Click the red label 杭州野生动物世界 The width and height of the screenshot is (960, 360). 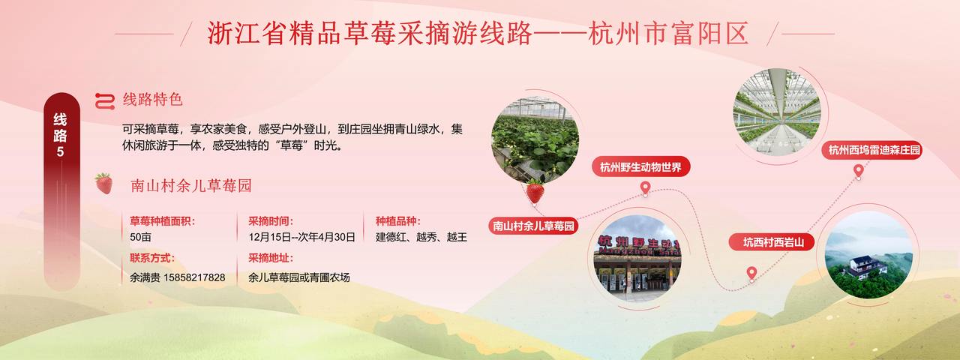[x=640, y=166]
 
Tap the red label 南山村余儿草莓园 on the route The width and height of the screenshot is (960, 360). [x=533, y=226]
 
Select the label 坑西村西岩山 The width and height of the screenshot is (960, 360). [x=772, y=242]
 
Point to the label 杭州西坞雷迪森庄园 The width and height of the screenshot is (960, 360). [x=872, y=150]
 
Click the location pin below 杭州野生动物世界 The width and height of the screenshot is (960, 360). [x=646, y=188]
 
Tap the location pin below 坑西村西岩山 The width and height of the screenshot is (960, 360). [x=751, y=273]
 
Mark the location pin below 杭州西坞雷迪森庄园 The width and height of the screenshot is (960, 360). [x=858, y=171]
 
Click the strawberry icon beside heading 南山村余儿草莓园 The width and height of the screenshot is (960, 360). [x=103, y=184]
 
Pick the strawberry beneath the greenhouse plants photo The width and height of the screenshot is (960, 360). [x=535, y=191]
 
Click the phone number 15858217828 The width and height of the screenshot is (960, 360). [x=194, y=277]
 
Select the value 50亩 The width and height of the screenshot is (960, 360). [x=140, y=237]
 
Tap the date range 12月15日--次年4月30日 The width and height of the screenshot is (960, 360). [x=301, y=237]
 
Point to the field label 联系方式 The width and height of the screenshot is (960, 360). [x=152, y=258]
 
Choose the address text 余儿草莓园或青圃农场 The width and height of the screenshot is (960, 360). [x=299, y=277]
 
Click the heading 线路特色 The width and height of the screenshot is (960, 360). [x=153, y=100]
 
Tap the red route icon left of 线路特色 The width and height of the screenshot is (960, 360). [x=105, y=101]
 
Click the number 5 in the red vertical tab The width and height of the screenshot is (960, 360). [x=61, y=151]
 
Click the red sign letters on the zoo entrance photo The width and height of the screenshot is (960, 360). [x=637, y=243]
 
